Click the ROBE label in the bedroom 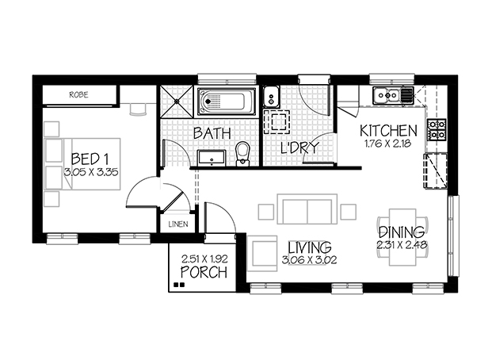point(78,94)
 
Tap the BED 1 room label point(90,159)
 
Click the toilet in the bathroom point(242,154)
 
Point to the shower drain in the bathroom point(177,101)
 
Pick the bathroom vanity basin point(212,158)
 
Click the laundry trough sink point(271,96)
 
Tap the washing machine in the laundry point(277,121)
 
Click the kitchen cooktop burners point(437,129)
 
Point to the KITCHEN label point(388,131)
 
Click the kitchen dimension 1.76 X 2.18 point(388,144)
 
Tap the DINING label point(402,232)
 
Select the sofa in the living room point(307,209)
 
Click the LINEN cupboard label point(178,224)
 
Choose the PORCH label point(204,272)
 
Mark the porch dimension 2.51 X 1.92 point(204,259)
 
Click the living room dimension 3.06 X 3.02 point(310,260)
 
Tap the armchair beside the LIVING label point(262,254)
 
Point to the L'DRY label point(299,147)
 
